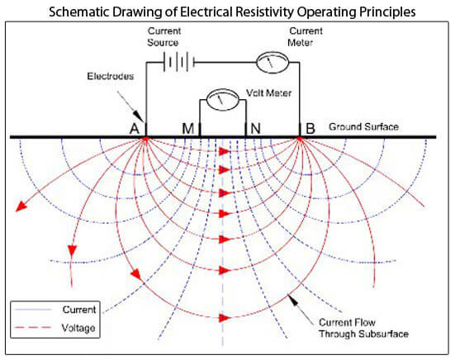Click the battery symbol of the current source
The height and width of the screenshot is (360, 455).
178,62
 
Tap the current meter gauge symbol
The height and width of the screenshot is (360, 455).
273,63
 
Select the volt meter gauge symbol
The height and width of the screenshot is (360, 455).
224,100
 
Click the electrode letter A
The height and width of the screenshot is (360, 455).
135,129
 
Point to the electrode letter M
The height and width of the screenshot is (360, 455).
187,129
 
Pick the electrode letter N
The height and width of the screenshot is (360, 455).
255,128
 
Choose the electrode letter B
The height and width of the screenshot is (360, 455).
310,128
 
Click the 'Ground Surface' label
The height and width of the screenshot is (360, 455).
363,127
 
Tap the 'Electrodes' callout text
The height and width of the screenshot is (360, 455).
111,76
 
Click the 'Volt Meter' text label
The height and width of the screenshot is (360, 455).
268,92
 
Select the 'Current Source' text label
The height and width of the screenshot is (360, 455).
164,36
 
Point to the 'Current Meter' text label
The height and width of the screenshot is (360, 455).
306,36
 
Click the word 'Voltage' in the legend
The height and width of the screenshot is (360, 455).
78,328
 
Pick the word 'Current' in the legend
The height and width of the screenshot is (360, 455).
79,310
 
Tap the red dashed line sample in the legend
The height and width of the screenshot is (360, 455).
33,328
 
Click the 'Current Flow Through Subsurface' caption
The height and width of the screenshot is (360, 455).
363,328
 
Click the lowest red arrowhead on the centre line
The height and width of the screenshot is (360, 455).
225,318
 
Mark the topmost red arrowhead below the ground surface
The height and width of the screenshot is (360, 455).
225,151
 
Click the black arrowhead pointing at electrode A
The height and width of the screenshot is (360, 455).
139,116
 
